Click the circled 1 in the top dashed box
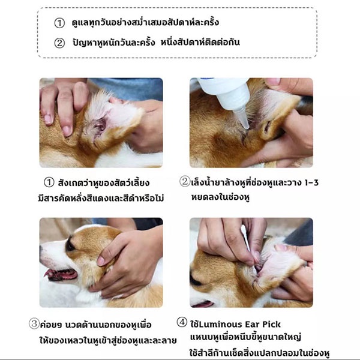coord(59,23)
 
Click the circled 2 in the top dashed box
coord(59,43)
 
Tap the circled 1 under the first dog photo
coord(49,182)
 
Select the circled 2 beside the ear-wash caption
coord(185,181)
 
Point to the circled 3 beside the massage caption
coord(34,324)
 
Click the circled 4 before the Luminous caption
coord(182,322)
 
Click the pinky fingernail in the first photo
coord(48,119)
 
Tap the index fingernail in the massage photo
coord(101,261)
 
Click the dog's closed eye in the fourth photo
coord(196,281)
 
